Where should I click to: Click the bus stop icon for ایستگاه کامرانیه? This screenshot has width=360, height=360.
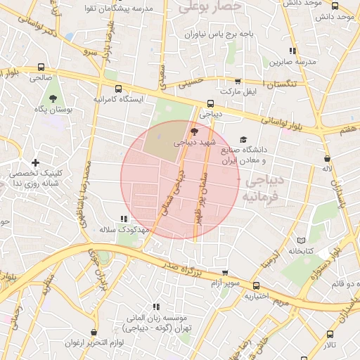pyautogui.click(x=117, y=89)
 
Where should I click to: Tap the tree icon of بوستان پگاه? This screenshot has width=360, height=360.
pyautogui.click(x=53, y=98)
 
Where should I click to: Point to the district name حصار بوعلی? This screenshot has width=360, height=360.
pyautogui.click(x=210, y=7)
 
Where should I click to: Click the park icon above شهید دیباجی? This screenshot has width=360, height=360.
pyautogui.click(x=194, y=131)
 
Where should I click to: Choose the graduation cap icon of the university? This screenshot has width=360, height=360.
pyautogui.click(x=243, y=139)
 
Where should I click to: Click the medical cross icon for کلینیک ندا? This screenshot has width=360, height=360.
pyautogui.click(x=35, y=163)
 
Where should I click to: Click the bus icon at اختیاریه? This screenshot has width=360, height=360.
pyautogui.click(x=257, y=285)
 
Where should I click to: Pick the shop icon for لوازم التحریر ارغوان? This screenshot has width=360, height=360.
pyautogui.click(x=94, y=332)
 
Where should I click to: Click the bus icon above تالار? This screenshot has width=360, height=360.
pyautogui.click(x=330, y=335)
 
